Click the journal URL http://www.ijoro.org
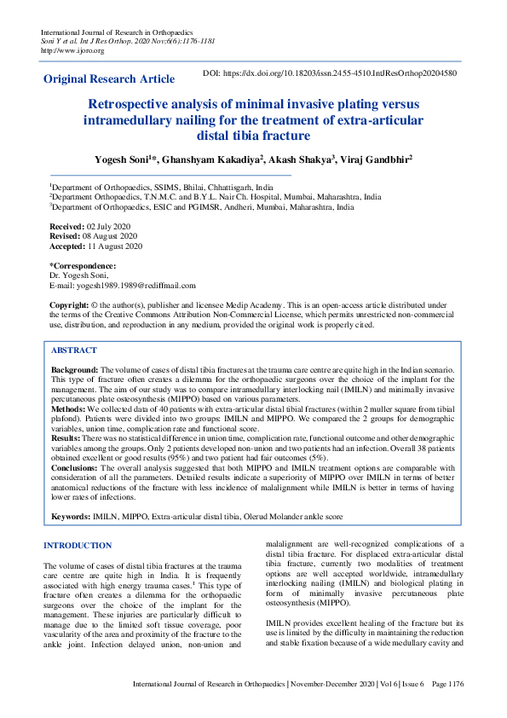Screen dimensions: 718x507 point(72,50)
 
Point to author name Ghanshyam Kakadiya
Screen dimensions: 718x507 point(217,159)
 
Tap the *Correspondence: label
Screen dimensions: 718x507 point(83,267)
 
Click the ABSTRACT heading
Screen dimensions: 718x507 point(74,350)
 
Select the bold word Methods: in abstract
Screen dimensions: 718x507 point(70,408)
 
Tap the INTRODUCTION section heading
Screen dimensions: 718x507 point(77,546)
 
